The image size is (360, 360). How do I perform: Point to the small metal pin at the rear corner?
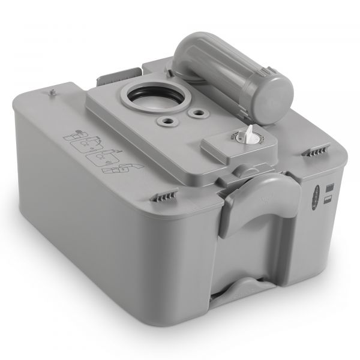pos(52,91)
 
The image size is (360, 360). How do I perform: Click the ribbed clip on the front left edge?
pos(169,196)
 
